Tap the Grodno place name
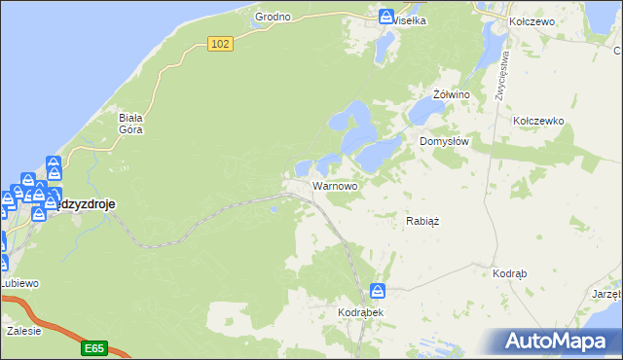[x=273, y=17]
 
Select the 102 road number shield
[x=221, y=44]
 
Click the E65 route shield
[x=93, y=347]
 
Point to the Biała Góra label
[x=131, y=124]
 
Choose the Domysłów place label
[x=445, y=141]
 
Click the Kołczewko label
[x=538, y=121]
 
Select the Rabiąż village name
[x=422, y=221]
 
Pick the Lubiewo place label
[x=19, y=283]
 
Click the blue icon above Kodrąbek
[x=378, y=291]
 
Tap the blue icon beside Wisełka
[x=386, y=18]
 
